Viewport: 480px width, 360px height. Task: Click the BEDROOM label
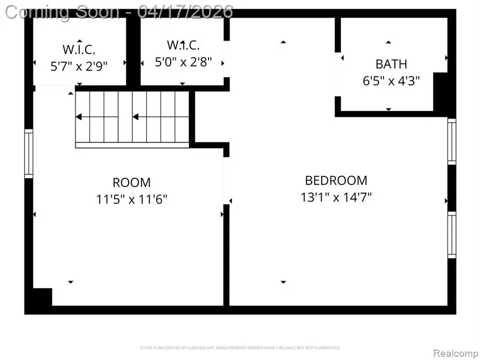[336, 180]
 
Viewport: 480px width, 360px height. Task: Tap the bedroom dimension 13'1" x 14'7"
[336, 197]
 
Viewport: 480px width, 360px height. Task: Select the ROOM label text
[132, 183]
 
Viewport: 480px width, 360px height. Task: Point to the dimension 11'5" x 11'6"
[132, 199]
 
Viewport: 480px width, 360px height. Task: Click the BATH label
[391, 65]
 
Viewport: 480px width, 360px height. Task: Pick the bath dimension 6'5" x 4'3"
[391, 81]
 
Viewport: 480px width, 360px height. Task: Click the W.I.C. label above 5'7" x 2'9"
[79, 50]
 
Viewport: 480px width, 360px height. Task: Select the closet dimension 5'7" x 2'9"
[79, 67]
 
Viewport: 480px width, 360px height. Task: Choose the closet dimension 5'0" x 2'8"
[183, 61]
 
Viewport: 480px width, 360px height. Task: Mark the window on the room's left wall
[28, 154]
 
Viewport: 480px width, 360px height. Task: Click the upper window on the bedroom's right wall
[452, 141]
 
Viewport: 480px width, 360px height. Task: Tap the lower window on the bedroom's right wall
[452, 235]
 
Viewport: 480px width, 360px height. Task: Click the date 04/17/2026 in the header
[185, 11]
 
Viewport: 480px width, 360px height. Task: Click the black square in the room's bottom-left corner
[42, 297]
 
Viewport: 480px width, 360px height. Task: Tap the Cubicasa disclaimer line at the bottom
[240, 348]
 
